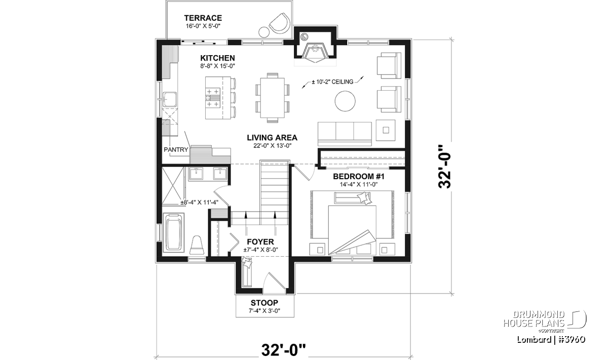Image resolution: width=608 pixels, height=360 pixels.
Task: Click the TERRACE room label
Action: [x=203, y=18]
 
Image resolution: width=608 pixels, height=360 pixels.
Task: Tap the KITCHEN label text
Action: [x=217, y=58]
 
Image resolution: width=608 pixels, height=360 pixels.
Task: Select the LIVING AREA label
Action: [x=272, y=138]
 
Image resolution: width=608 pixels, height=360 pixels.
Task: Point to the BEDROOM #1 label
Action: [x=359, y=177]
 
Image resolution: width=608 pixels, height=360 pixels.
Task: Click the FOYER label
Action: [x=260, y=242]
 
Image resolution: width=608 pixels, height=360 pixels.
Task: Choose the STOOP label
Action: [x=264, y=303]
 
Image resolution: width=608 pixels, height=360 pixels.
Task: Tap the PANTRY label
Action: [x=176, y=149]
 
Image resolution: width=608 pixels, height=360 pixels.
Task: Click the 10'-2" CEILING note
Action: [x=332, y=82]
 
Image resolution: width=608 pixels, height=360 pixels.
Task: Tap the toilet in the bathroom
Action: [x=197, y=245]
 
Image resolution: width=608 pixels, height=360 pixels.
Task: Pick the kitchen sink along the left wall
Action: [x=170, y=99]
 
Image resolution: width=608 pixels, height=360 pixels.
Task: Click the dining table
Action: [x=272, y=98]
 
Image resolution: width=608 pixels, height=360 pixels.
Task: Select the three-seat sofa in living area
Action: [x=345, y=134]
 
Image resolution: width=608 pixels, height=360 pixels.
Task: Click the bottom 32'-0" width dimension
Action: [x=283, y=350]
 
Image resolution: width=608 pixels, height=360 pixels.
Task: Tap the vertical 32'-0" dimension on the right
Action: [x=445, y=166]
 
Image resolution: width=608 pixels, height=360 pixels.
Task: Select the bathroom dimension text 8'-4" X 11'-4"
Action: [x=200, y=203]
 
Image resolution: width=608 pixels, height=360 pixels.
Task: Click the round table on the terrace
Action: [x=264, y=32]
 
